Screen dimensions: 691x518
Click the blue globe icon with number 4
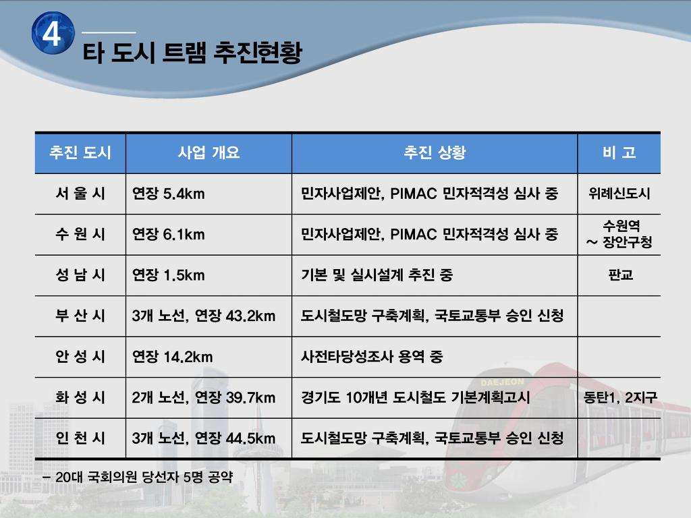point(53,33)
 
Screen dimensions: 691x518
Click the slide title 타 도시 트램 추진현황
point(192,53)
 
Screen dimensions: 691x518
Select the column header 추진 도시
point(80,152)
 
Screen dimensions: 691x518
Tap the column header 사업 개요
point(209,152)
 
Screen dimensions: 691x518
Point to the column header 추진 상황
point(435,152)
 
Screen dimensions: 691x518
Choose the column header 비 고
point(619,152)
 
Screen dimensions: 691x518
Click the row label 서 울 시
point(80,194)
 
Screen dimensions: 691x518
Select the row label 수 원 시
point(80,234)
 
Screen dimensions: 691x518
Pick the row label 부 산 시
point(80,316)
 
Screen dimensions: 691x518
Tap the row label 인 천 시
point(80,438)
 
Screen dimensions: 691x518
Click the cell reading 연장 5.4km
point(168,194)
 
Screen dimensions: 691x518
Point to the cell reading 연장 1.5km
point(168,275)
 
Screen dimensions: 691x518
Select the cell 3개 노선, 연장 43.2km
point(204,316)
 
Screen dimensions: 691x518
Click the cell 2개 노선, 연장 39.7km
point(204,397)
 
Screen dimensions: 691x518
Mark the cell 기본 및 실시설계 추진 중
point(377,275)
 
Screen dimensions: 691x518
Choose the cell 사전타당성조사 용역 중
point(372,356)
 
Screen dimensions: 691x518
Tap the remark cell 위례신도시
point(619,194)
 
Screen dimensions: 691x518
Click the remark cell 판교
point(621,275)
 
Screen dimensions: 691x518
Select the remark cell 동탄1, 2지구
point(620,397)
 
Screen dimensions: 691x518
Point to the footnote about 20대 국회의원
point(138,477)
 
